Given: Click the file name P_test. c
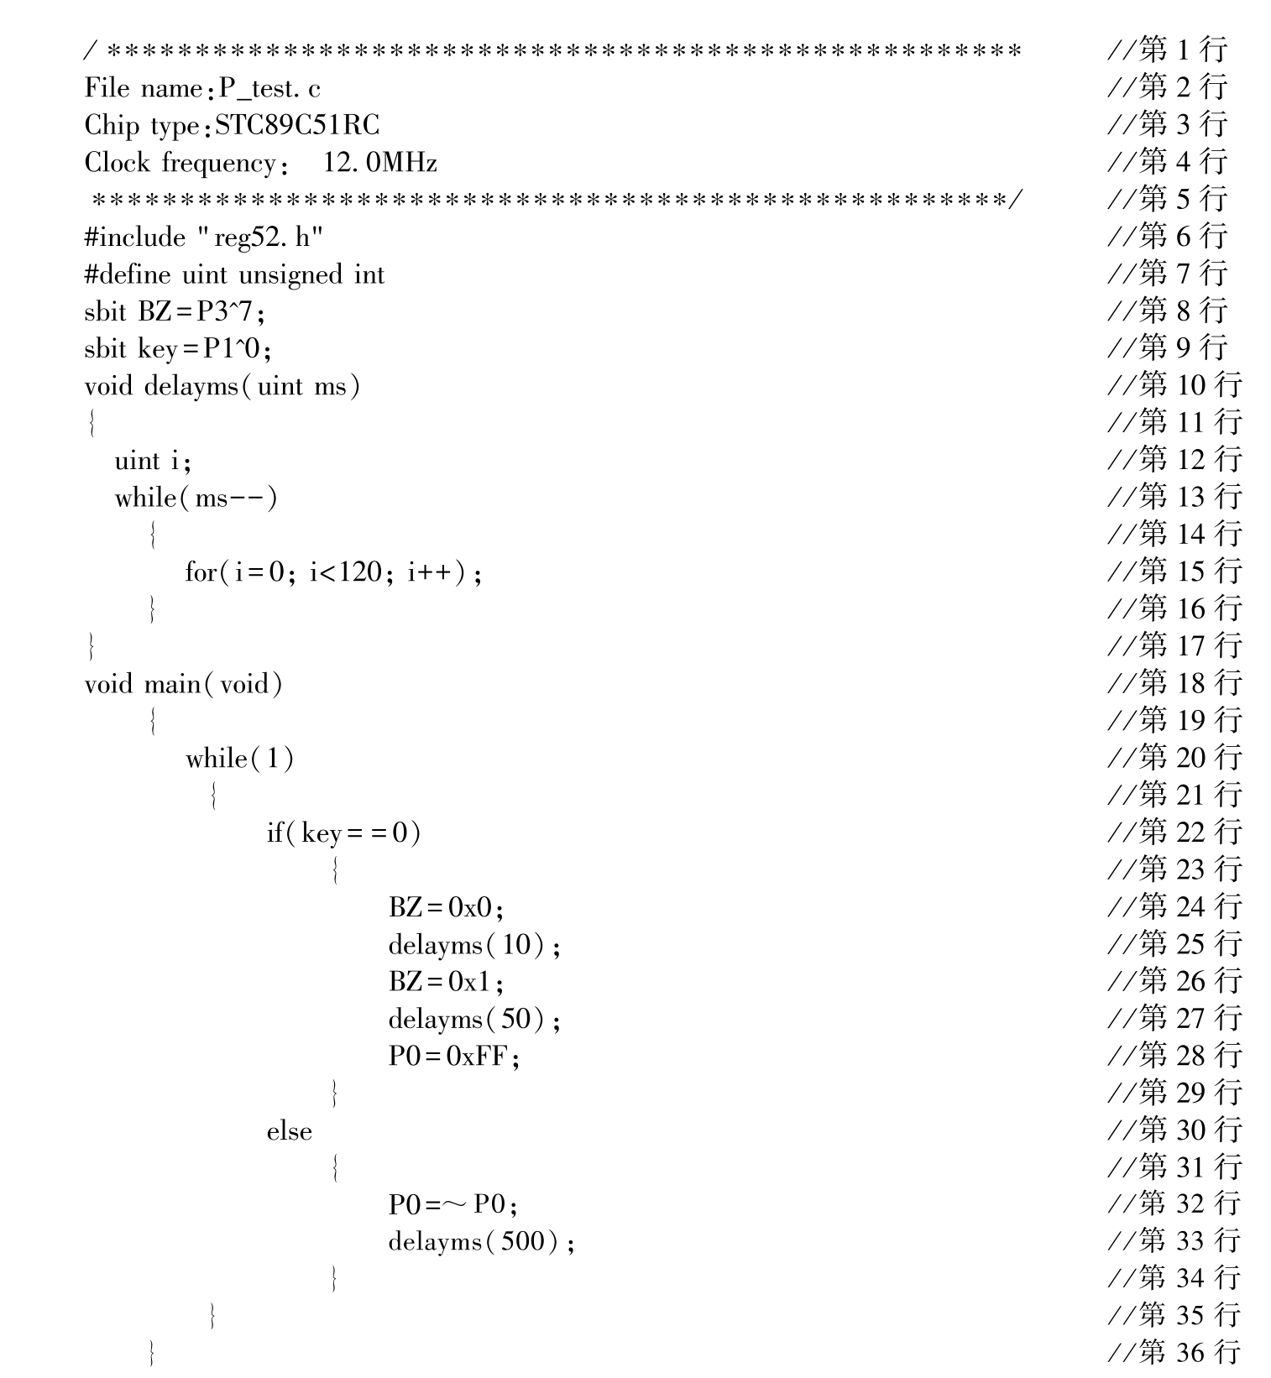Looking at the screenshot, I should pyautogui.click(x=269, y=88).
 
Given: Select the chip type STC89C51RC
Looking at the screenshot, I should pyautogui.click(x=297, y=125).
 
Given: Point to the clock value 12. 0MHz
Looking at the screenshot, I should pyautogui.click(x=379, y=162).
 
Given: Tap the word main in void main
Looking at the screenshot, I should pyautogui.click(x=171, y=684).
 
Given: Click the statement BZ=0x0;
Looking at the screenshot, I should pyautogui.click(x=446, y=907).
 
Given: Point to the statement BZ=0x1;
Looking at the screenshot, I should pyautogui.click(x=446, y=981).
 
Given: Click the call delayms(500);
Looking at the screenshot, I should pyautogui.click(x=481, y=1241).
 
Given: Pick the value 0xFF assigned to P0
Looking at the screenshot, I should pyautogui.click(x=478, y=1056).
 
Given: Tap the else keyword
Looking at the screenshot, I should pyautogui.click(x=289, y=1131).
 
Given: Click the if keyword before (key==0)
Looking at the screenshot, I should pyautogui.click(x=275, y=833).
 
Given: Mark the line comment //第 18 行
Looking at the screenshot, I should pyautogui.click(x=1174, y=682).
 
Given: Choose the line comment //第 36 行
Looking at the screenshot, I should pyautogui.click(x=1174, y=1351).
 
